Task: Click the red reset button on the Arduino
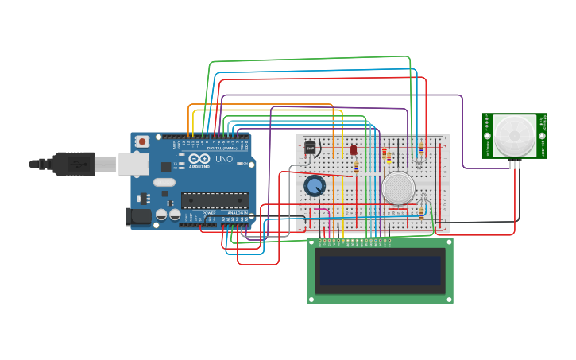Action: click(142, 141)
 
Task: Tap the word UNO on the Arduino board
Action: click(224, 159)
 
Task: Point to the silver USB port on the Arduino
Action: click(133, 164)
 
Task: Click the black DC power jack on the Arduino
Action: click(138, 216)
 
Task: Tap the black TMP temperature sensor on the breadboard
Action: click(310, 148)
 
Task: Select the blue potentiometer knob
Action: click(315, 187)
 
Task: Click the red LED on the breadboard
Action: click(354, 149)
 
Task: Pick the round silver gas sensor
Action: click(397, 188)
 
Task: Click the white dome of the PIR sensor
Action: click(514, 135)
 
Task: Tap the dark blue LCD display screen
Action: click(381, 270)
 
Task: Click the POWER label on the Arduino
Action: click(209, 213)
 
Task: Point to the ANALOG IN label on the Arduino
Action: click(237, 213)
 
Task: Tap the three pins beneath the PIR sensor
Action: click(515, 165)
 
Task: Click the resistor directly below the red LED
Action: click(356, 167)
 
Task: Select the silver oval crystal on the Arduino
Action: click(164, 182)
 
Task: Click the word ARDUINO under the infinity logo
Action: click(199, 166)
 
